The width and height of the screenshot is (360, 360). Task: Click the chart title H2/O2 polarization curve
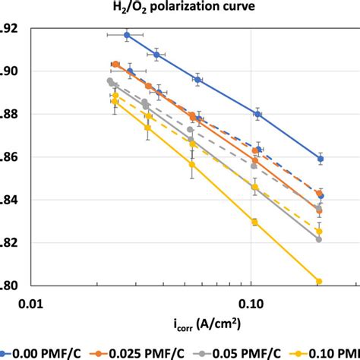coord(180,9)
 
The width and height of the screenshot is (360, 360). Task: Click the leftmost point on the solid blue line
coord(127,35)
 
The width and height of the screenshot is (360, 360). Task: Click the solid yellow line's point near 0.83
coord(254,222)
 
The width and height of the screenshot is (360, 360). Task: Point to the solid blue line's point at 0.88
coord(257,114)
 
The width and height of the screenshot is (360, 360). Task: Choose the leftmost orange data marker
coord(115,65)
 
